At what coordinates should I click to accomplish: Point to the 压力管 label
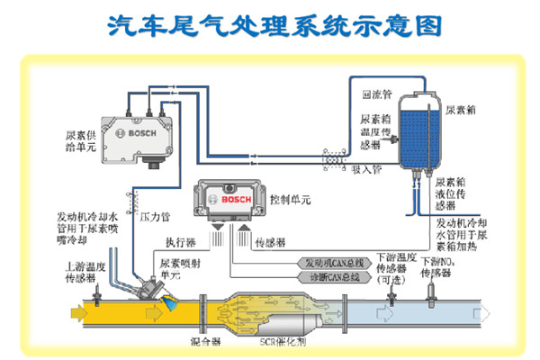[155, 217]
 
